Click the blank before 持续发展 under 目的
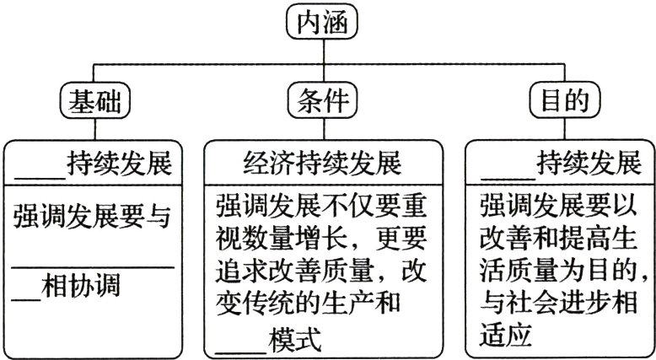click(508, 169)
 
